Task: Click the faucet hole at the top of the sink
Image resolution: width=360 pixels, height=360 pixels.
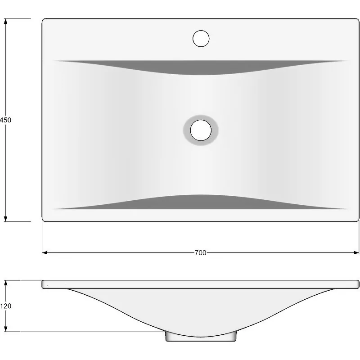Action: tap(201, 38)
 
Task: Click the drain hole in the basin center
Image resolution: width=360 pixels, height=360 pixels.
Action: tap(201, 130)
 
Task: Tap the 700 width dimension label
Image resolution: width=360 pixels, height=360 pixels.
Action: tap(200, 253)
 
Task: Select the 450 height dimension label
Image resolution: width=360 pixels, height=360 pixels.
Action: tap(5, 120)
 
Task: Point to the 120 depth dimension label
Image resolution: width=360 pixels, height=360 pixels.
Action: tap(5, 306)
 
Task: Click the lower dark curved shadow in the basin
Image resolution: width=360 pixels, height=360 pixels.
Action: tap(201, 202)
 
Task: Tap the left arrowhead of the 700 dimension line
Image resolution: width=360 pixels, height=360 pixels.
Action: tap(45, 253)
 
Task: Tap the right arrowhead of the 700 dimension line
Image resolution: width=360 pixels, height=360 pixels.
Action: tap(356, 253)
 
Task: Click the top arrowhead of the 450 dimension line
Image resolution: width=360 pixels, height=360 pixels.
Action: tap(6, 21)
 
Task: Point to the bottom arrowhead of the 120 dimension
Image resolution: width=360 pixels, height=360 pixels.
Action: tap(6, 329)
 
